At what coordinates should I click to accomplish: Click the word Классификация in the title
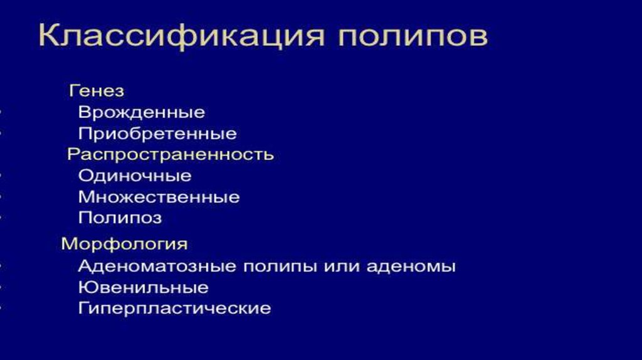coord(181,36)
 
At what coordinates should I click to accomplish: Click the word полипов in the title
coord(413,37)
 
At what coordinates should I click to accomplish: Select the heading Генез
coord(96,91)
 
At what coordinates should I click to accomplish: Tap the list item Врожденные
coord(141,113)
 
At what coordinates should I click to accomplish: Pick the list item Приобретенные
coord(157,134)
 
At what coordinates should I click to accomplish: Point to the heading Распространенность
coord(170,154)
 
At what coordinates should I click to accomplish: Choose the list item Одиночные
coord(135,176)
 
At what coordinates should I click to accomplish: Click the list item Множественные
coord(159,198)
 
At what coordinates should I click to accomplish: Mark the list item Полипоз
coord(120,218)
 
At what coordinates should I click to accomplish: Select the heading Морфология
coord(124,244)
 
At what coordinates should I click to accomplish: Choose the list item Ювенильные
coord(143,288)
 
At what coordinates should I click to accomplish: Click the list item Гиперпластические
coord(174,309)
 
